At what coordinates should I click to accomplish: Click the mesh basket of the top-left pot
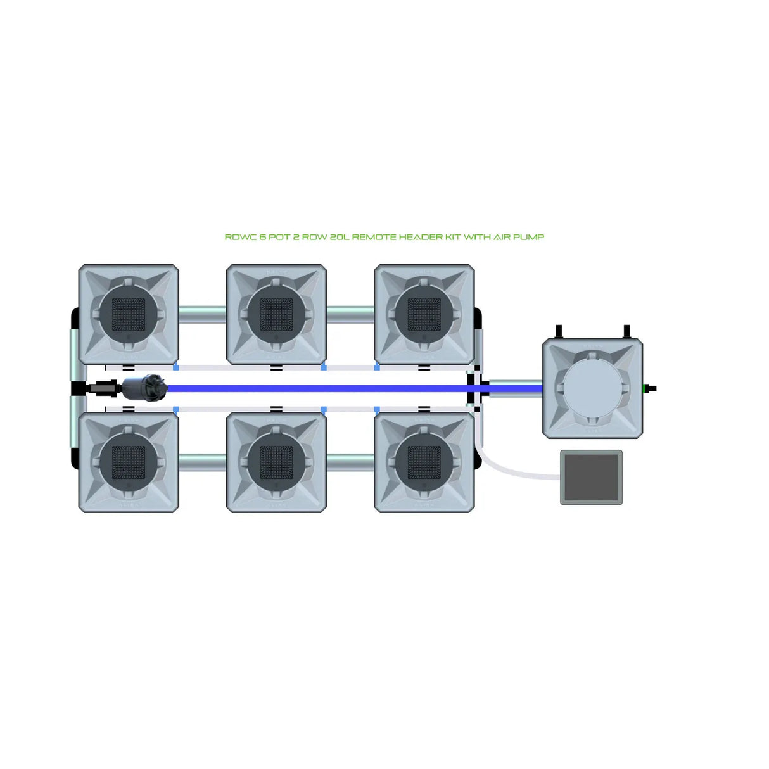(129, 314)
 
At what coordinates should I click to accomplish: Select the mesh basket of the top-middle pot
(276, 314)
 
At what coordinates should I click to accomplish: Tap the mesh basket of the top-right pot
(424, 314)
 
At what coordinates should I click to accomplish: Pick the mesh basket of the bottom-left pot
(129, 462)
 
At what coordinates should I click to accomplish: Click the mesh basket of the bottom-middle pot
(276, 462)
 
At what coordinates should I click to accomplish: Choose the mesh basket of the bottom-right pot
(424, 462)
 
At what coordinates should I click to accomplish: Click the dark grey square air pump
(591, 477)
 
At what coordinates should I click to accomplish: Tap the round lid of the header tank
(592, 388)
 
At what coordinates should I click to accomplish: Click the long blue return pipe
(317, 388)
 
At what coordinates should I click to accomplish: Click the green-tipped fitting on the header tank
(649, 388)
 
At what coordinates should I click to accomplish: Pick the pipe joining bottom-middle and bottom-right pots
(350, 462)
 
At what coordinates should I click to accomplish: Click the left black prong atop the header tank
(559, 332)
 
